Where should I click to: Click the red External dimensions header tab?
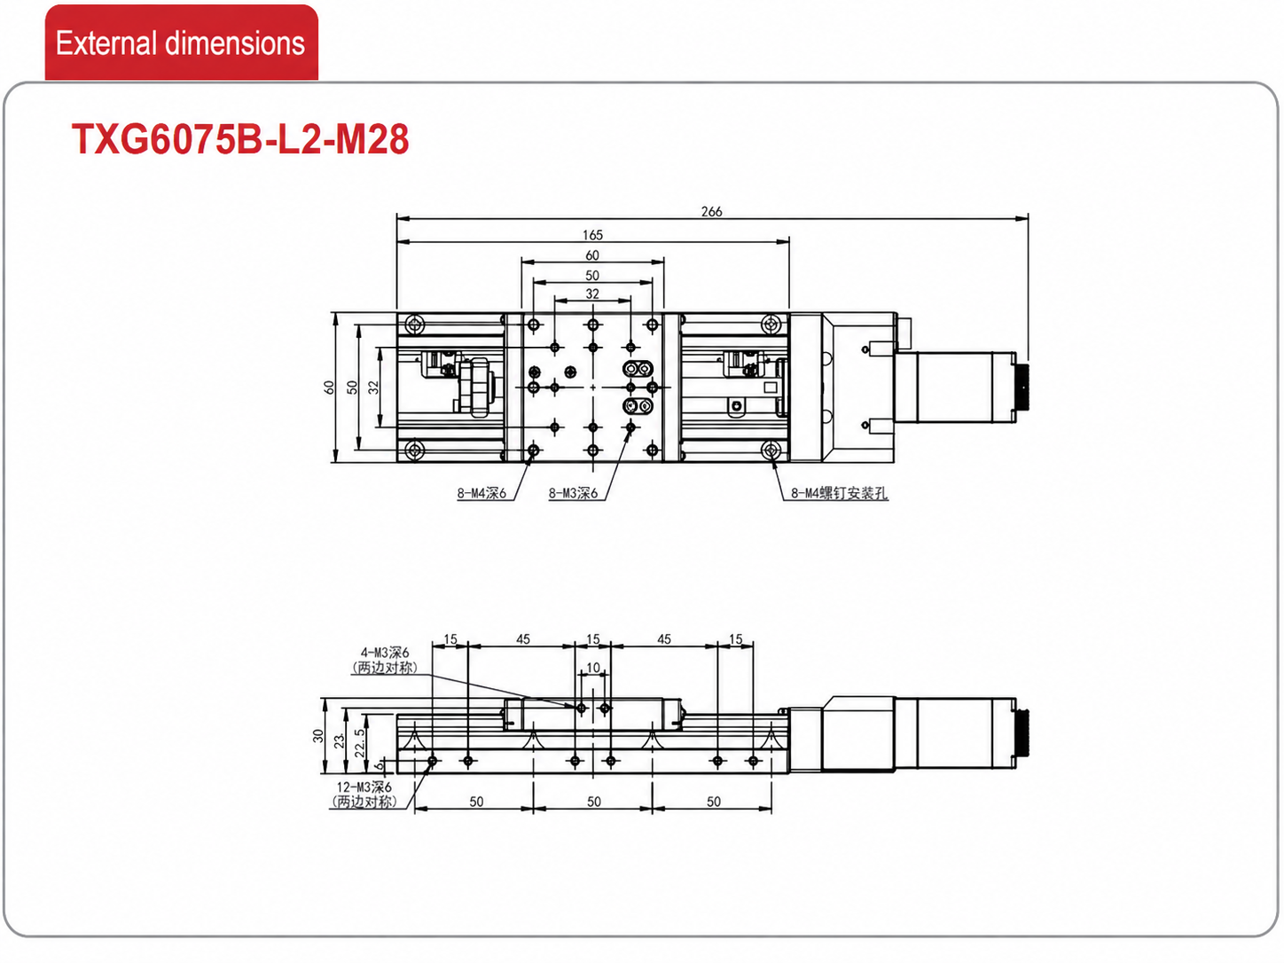182,42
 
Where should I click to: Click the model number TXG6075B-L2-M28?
239,139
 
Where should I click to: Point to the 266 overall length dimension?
711,211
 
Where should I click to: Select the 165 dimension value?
592,235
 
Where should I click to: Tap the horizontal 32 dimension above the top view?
592,294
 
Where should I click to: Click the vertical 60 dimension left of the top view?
329,388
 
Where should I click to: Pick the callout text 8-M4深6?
481,494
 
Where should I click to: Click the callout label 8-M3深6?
573,494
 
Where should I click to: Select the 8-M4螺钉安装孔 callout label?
839,494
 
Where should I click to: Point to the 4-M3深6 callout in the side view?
384,653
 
